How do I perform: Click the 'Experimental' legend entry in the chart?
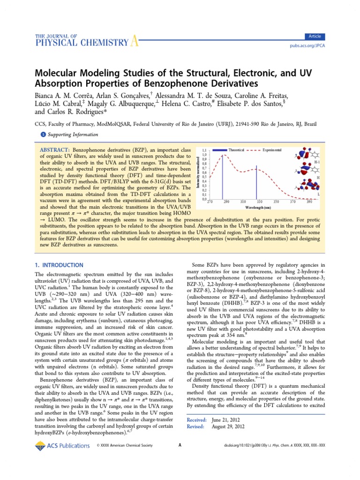pos(272,150)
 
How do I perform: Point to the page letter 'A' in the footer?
pos(180,446)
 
